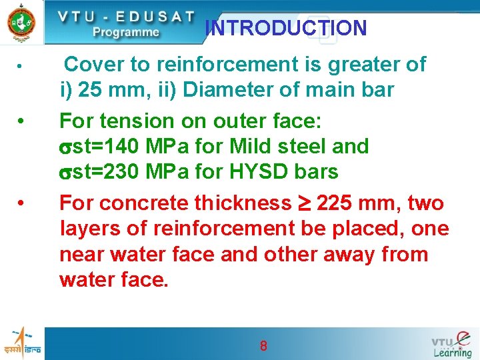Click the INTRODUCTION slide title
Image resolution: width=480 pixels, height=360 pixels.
(x=286, y=28)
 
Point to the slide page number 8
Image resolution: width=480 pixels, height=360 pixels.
(x=263, y=345)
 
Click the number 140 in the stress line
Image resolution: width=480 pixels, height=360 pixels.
(x=123, y=146)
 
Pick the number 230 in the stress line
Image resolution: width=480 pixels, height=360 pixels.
(x=123, y=171)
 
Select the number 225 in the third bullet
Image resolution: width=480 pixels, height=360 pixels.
(x=335, y=203)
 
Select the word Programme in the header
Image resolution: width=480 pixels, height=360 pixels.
(x=125, y=32)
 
